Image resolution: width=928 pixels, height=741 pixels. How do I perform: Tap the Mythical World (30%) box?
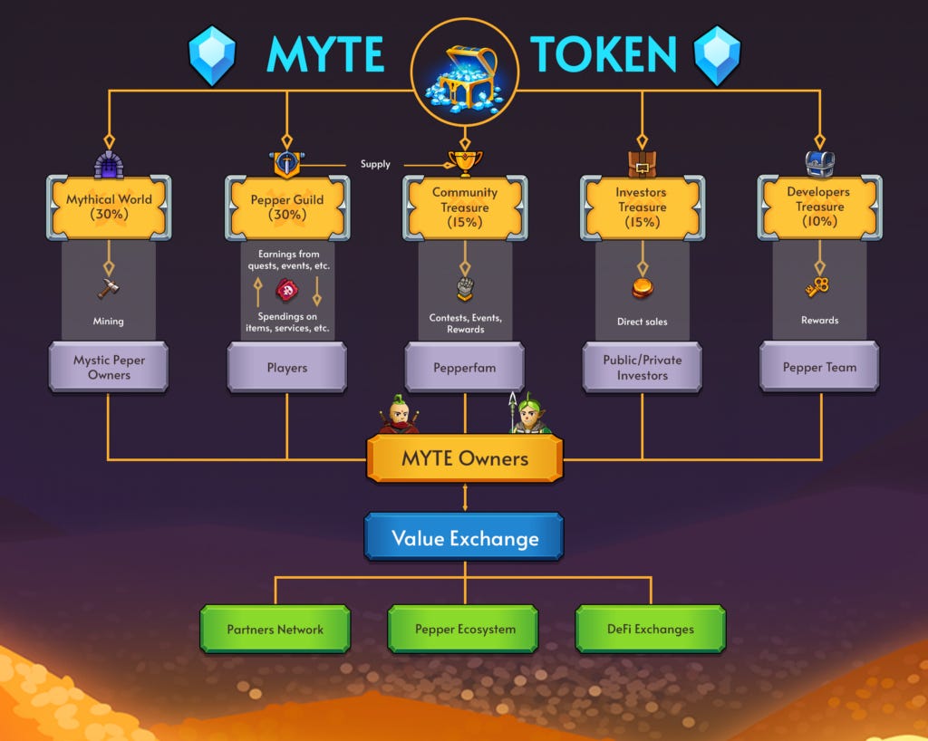click(109, 207)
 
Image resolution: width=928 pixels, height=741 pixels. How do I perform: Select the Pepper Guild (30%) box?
click(286, 207)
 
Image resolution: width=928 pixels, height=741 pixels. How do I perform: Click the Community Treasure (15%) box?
click(465, 207)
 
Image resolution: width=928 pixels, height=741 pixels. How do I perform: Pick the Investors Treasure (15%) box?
click(643, 207)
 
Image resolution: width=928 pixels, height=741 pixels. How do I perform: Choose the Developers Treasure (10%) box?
click(819, 207)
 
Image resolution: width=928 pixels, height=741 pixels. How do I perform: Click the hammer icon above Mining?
click(109, 289)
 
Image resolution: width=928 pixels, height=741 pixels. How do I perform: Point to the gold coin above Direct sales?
click(643, 289)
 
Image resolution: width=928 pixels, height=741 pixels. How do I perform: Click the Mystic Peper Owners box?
click(109, 367)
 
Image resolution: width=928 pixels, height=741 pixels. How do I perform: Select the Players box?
click(286, 367)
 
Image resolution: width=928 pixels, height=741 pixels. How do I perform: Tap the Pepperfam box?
click(465, 367)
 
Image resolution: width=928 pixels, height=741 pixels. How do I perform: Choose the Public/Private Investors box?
click(643, 367)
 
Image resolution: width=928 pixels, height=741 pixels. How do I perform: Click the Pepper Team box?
click(819, 367)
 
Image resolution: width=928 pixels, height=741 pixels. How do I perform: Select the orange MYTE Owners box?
click(465, 458)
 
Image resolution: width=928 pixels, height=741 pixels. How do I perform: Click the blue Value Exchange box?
click(465, 538)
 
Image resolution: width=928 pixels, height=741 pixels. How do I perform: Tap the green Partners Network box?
click(275, 629)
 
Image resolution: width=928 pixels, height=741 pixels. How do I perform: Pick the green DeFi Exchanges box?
click(651, 629)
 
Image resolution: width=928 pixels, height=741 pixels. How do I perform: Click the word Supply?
click(375, 164)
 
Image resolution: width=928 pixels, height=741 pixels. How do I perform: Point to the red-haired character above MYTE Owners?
click(399, 416)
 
